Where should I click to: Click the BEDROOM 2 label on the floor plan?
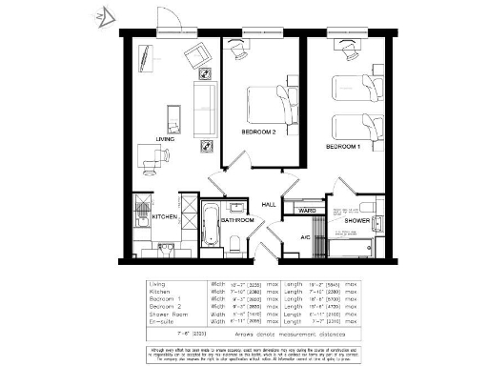point(257,132)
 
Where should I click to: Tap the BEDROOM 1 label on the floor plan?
point(343,148)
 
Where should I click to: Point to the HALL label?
point(270,204)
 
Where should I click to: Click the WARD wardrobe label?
point(307,210)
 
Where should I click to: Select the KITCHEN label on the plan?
point(166,218)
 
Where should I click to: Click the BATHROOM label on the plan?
point(237,220)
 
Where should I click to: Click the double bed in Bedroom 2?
point(271,100)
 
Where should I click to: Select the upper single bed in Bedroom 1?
point(355,87)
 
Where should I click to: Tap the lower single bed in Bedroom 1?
point(355,126)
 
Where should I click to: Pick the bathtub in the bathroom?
point(211,222)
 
